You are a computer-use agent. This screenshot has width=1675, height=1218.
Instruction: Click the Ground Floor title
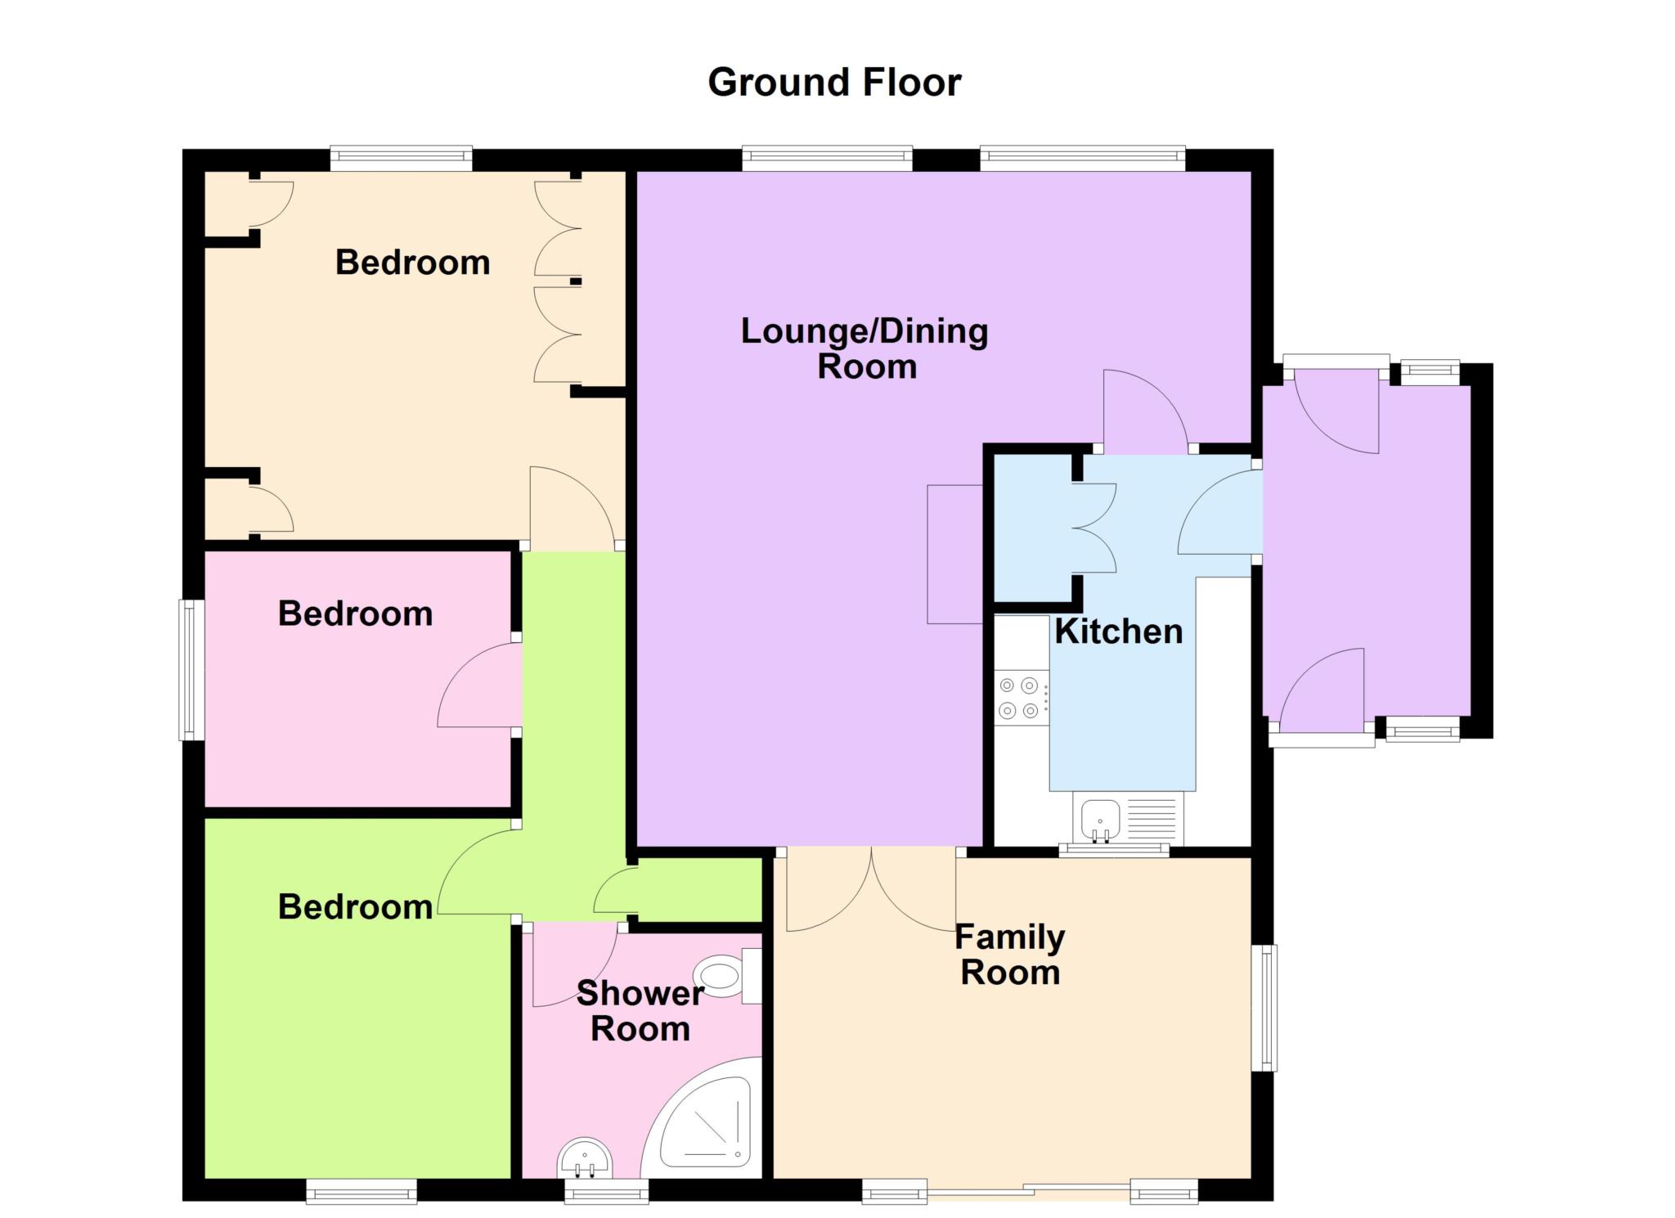click(834, 83)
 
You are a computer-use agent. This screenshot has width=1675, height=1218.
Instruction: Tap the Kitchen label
click(1119, 631)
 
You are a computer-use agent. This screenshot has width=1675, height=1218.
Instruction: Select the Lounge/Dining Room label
click(865, 348)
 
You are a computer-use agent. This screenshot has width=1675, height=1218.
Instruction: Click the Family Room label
click(1010, 955)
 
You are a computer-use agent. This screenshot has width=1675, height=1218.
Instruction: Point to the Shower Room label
click(640, 1011)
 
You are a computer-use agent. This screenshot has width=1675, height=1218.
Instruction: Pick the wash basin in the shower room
click(584, 1159)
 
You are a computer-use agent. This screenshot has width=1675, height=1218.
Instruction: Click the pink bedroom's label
click(355, 613)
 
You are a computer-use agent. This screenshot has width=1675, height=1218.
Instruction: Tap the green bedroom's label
click(355, 907)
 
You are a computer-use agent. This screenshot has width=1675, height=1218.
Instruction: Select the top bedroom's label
click(412, 263)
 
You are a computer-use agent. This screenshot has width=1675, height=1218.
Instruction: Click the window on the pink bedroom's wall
click(191, 670)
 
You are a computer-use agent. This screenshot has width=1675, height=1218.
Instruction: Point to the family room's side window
click(1264, 1008)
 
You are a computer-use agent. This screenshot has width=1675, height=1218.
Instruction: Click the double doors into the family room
click(872, 892)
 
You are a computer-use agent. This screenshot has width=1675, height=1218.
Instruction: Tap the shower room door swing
click(575, 965)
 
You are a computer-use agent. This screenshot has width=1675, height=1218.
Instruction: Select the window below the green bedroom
click(361, 1191)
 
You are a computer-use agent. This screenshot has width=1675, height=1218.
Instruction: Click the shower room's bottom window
click(606, 1191)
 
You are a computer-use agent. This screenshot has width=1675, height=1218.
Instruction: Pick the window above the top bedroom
click(402, 159)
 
